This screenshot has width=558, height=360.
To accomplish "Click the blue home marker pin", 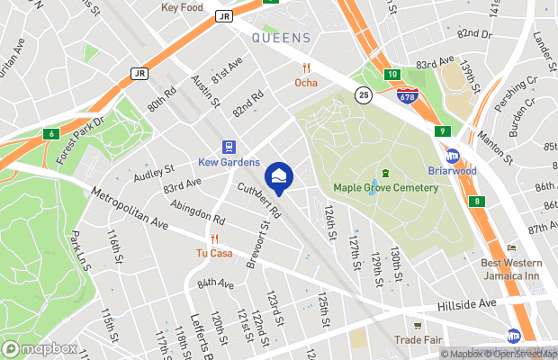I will click(x=278, y=175).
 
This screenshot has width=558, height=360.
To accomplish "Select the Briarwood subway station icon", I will click(x=453, y=156).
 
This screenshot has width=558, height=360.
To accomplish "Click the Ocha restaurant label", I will click(x=306, y=83).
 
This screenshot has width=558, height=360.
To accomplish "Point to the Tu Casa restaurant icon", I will click(x=214, y=239).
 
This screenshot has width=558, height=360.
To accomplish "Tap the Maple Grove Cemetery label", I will click(x=385, y=187).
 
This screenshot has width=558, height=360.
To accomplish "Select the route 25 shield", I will click(x=362, y=94).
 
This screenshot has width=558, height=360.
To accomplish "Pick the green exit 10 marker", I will click(x=392, y=75).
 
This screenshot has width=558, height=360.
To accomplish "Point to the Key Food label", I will click(x=183, y=7).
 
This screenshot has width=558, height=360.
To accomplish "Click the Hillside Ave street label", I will click(x=465, y=304).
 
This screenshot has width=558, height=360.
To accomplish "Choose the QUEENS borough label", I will click(x=281, y=38).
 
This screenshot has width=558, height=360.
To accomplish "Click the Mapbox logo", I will click(x=39, y=348).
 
